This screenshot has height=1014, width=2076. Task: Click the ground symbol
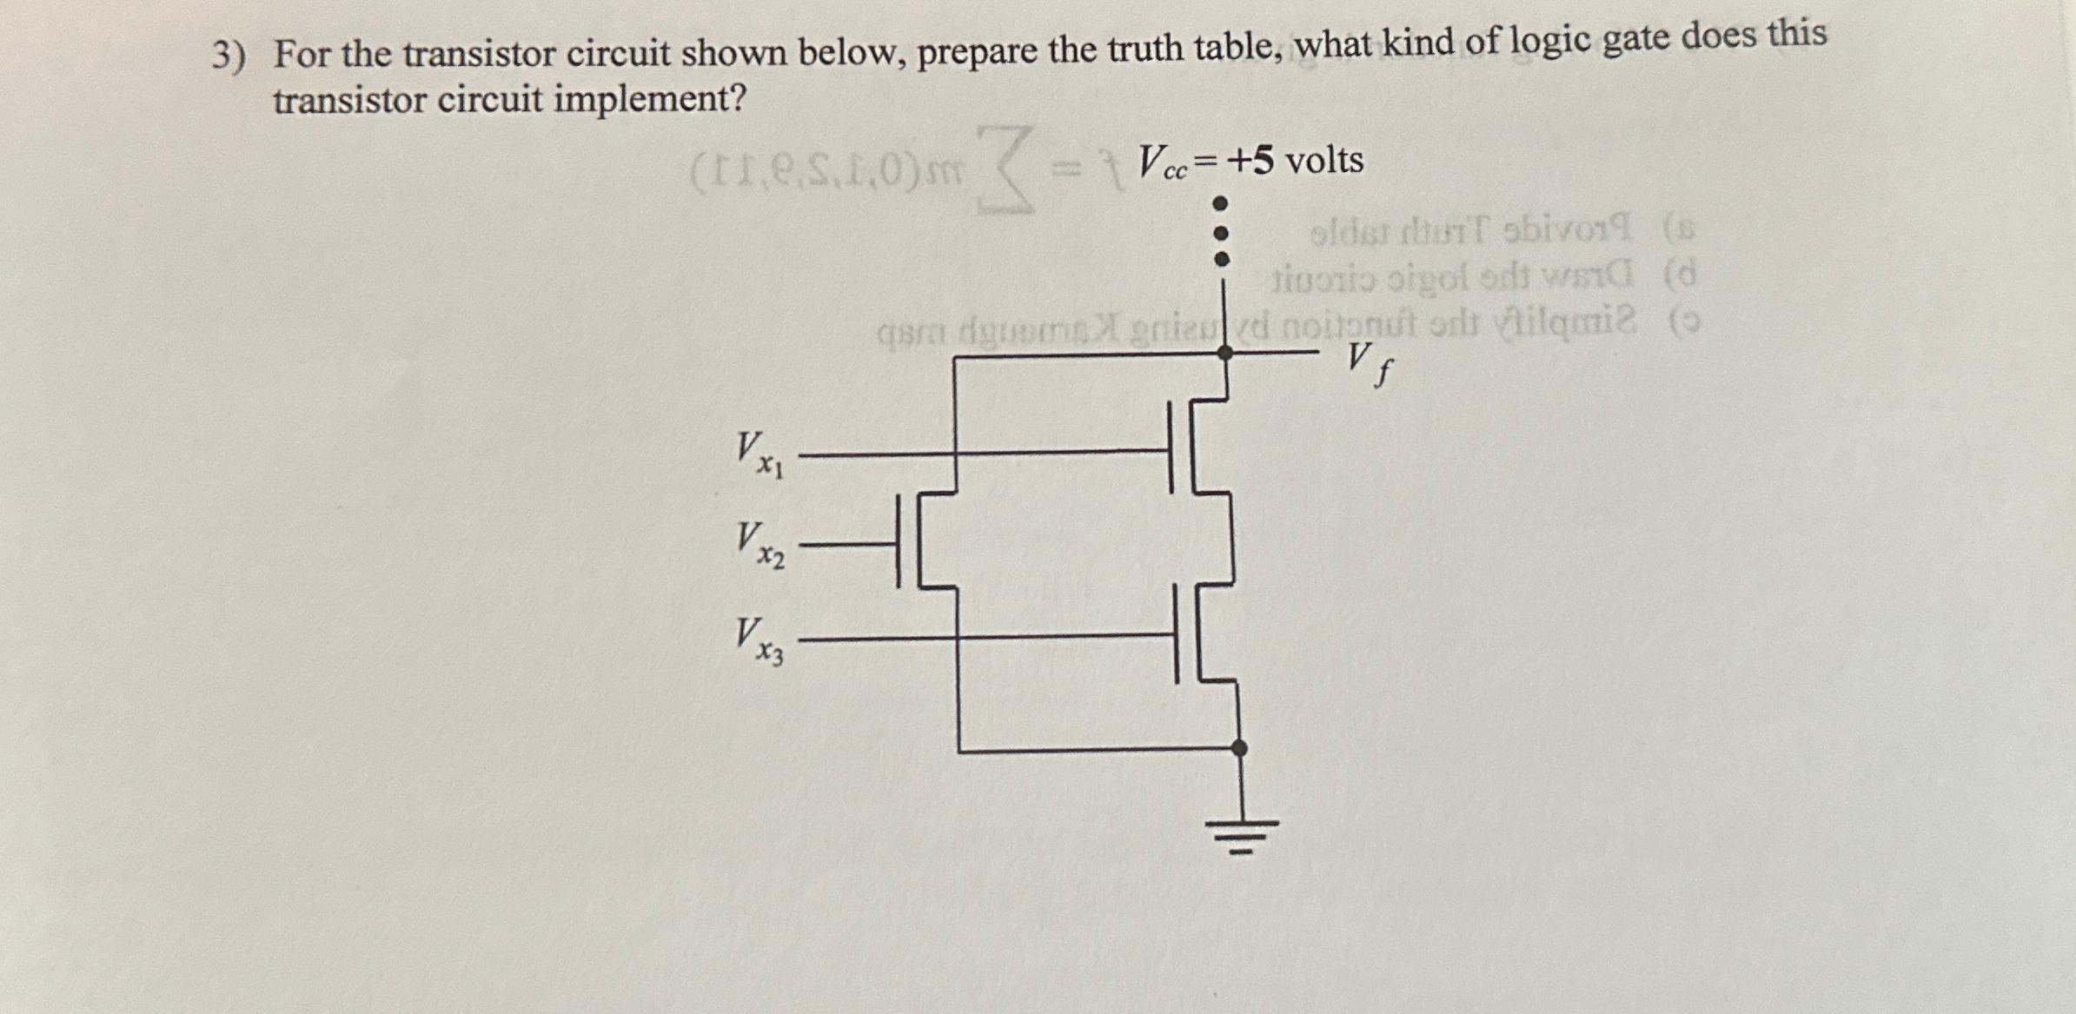pos(1241,834)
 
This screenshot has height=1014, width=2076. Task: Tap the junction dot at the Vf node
pos(1225,352)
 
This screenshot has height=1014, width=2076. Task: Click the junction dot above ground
pos(1240,748)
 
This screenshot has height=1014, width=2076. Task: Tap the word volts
pos(1324,161)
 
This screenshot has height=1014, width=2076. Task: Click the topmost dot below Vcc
pos(1221,203)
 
